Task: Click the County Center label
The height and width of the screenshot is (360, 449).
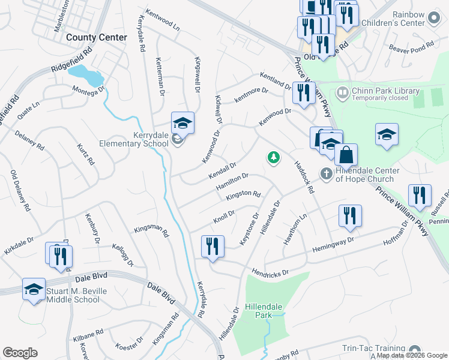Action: [97, 37]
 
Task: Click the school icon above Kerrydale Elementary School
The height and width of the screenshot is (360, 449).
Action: [182, 124]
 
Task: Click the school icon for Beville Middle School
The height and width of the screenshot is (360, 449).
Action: [34, 290]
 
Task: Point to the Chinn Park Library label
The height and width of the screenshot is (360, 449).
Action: [385, 91]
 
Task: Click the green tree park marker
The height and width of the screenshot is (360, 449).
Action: [274, 158]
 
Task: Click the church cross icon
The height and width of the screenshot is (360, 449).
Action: [327, 174]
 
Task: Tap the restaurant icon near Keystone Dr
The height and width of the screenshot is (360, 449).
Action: [212, 247]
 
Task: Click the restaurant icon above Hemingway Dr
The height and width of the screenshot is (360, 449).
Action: [350, 216]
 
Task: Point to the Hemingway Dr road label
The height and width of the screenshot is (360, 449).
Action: [333, 247]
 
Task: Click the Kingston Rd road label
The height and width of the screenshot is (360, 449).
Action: [243, 195]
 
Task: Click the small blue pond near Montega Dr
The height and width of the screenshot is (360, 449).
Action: [85, 75]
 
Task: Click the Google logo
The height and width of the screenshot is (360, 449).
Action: [20, 352]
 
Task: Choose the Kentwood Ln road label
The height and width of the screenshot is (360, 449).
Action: [163, 19]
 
